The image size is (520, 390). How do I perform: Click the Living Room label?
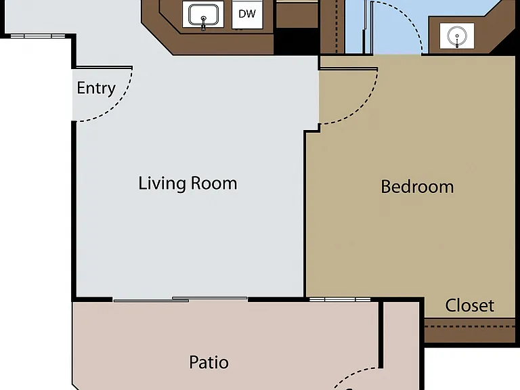[x=188, y=183]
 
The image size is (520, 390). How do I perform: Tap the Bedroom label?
[x=417, y=186]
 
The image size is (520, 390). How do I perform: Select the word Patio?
[x=209, y=362]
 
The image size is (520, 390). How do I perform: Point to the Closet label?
[x=470, y=305]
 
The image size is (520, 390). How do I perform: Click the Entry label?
[x=96, y=88]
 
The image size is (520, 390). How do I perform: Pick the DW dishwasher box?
[x=247, y=14]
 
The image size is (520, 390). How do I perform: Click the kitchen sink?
[x=203, y=15]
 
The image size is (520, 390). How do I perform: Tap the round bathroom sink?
[x=457, y=36]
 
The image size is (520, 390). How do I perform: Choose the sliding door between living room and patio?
[x=180, y=299]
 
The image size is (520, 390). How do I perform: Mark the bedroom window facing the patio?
[x=340, y=299]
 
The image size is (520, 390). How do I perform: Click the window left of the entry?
[x=38, y=36]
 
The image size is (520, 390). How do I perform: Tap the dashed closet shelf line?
[x=470, y=326]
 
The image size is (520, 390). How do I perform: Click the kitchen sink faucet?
[x=203, y=22]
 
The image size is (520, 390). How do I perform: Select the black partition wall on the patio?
[x=381, y=335]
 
